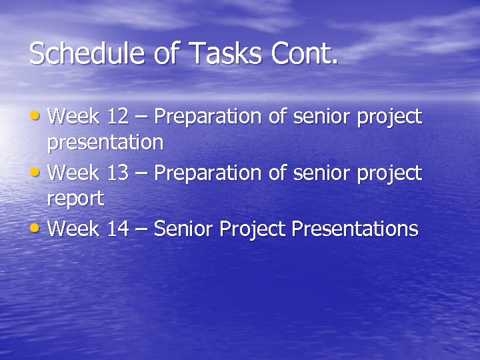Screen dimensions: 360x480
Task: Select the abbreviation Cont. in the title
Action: tap(304, 54)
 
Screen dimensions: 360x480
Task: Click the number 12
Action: tap(118, 117)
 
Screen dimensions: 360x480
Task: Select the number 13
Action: tap(118, 174)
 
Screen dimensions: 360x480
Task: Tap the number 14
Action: tap(118, 230)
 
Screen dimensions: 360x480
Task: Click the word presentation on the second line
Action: tap(105, 143)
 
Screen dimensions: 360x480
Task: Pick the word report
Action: tap(75, 199)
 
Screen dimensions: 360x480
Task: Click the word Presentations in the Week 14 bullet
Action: tap(355, 230)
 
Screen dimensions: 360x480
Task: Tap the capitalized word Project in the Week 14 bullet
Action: tap(253, 230)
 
